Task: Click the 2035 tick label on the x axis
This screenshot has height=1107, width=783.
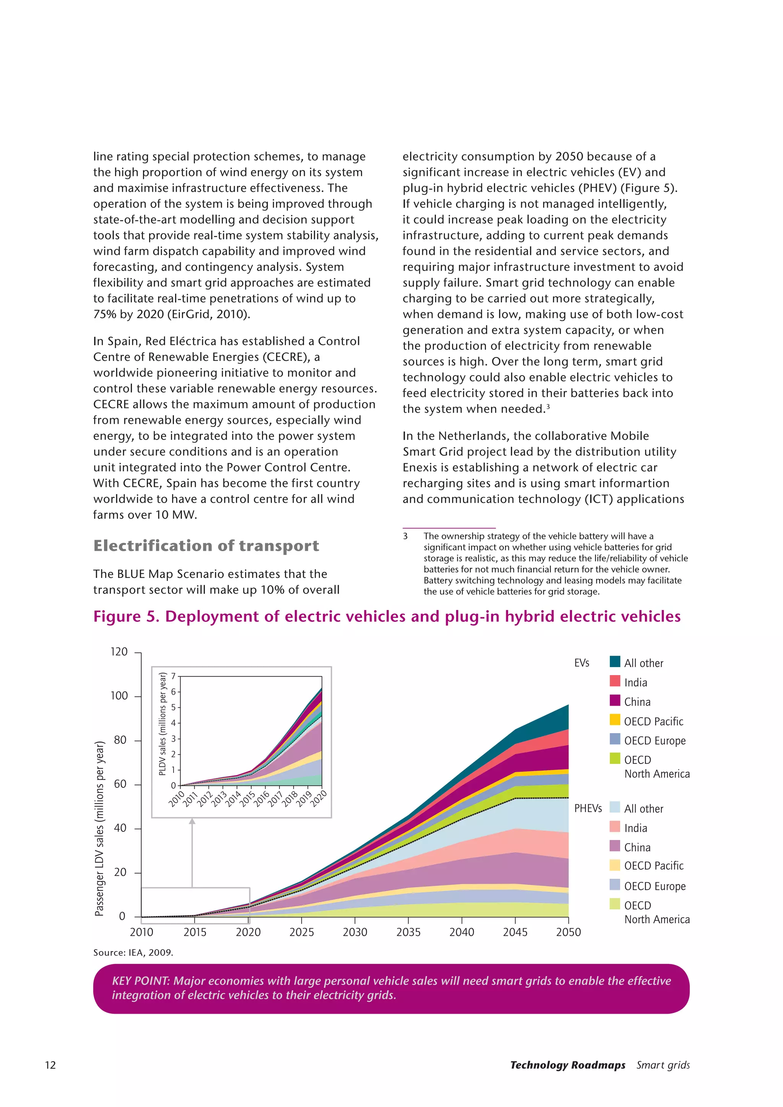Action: click(408, 932)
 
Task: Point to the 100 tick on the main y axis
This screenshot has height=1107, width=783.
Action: click(119, 696)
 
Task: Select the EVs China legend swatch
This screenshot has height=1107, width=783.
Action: click(615, 700)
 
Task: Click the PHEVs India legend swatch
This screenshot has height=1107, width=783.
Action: click(615, 826)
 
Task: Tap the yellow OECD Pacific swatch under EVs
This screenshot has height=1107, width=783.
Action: click(615, 720)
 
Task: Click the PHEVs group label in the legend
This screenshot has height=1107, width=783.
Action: click(588, 808)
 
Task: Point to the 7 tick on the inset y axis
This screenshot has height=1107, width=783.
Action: click(174, 677)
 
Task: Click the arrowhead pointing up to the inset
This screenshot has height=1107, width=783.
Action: click(192, 821)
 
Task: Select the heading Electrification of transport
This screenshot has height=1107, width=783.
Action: click(206, 545)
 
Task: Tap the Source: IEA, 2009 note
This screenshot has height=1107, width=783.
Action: click(133, 952)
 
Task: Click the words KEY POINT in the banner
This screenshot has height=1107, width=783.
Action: click(140, 981)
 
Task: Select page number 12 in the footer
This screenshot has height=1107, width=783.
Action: click(50, 1065)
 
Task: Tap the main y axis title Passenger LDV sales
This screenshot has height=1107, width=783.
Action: click(99, 828)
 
